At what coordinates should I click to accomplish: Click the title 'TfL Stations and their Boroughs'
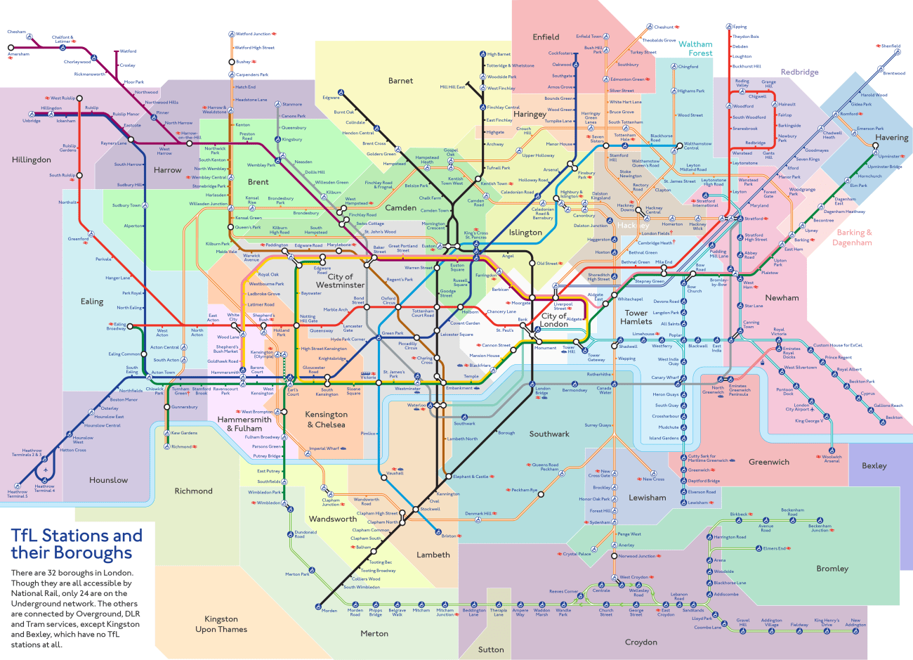pos(77,544)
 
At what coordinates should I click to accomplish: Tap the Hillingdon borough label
pos(32,160)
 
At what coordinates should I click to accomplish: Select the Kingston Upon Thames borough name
pos(221,624)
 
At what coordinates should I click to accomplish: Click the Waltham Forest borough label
pos(695,48)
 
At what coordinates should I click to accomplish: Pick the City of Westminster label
pos(340,280)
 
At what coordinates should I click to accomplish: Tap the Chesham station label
pos(16,32)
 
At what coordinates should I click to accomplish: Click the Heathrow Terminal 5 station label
pos(18,493)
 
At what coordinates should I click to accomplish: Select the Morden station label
pos(329,610)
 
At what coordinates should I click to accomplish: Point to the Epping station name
pos(740,27)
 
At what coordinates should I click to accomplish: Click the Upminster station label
pos(888,156)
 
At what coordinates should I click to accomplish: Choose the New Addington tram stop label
pos(855,623)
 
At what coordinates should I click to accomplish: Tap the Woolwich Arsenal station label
pos(832,459)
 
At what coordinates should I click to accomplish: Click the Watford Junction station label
pos(253,34)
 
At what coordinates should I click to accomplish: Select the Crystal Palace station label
pos(577,554)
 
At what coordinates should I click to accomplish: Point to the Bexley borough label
pos(874,465)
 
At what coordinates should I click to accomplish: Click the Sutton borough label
pos(491,649)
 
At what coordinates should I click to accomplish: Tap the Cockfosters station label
pos(560,53)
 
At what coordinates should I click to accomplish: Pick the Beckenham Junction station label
pos(820,528)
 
